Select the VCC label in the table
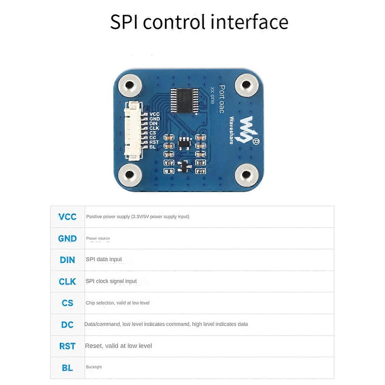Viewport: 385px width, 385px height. click(x=67, y=217)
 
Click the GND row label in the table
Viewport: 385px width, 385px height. click(x=67, y=239)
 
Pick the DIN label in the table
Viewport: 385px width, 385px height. click(x=67, y=260)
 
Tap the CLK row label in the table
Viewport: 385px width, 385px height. click(x=67, y=282)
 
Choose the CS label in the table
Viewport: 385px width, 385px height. click(x=67, y=303)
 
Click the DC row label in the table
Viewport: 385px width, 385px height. click(x=67, y=325)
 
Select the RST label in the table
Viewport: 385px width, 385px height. click(x=67, y=346)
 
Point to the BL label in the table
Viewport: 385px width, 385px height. click(x=67, y=368)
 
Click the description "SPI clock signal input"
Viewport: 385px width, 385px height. click(x=111, y=281)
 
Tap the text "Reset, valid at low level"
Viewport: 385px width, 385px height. click(x=118, y=346)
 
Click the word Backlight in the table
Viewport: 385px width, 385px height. click(x=94, y=367)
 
